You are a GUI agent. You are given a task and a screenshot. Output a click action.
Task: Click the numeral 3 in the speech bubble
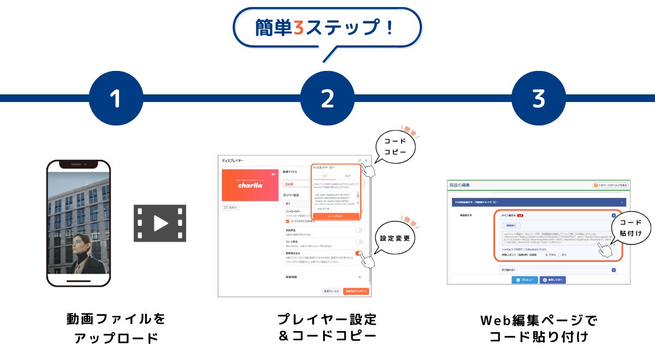click(298, 28)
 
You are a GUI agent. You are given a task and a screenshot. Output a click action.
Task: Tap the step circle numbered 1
click(115, 98)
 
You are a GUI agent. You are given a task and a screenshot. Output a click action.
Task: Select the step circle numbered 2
click(327, 98)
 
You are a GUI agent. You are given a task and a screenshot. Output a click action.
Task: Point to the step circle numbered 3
click(538, 98)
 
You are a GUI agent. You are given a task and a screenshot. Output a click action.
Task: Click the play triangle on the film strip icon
click(160, 223)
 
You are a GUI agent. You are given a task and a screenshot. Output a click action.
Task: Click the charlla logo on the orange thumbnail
click(249, 185)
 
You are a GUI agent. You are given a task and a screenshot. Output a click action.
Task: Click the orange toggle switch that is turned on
click(359, 254)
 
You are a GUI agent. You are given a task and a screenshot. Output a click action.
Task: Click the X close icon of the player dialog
click(366, 160)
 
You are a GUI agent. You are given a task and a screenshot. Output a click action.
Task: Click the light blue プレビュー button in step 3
click(524, 279)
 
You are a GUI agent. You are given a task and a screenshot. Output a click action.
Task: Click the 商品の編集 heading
click(461, 185)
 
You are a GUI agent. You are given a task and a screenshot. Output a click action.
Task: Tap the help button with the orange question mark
click(610, 185)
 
